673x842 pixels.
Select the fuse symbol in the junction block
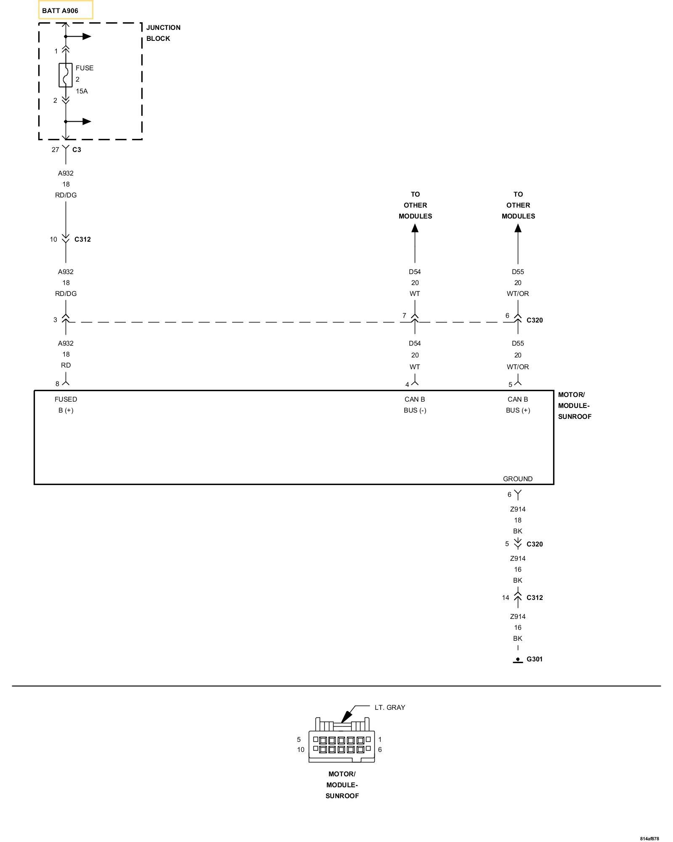pyautogui.click(x=66, y=75)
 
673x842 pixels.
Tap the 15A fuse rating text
pyautogui.click(x=82, y=91)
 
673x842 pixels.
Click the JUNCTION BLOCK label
pyautogui.click(x=163, y=33)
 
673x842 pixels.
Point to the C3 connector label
pyautogui.click(x=77, y=149)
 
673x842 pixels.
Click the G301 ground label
pyautogui.click(x=534, y=659)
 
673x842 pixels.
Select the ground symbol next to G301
pyautogui.click(x=518, y=660)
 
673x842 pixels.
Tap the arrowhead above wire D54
pyautogui.click(x=415, y=228)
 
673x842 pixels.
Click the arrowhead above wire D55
pyautogui.click(x=518, y=228)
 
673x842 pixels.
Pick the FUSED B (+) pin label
pyautogui.click(x=66, y=405)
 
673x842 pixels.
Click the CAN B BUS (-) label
pyautogui.click(x=415, y=405)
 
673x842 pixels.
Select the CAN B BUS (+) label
pyautogui.click(x=518, y=405)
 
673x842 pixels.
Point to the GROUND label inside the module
pyautogui.click(x=518, y=479)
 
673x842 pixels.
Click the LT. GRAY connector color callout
pyautogui.click(x=390, y=707)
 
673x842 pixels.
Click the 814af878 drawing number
pyautogui.click(x=649, y=839)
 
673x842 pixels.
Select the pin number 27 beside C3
pyautogui.click(x=55, y=149)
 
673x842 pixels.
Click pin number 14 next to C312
pyautogui.click(x=505, y=597)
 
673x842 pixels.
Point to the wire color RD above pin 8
pyautogui.click(x=66, y=365)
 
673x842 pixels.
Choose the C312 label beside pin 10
pyautogui.click(x=82, y=239)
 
